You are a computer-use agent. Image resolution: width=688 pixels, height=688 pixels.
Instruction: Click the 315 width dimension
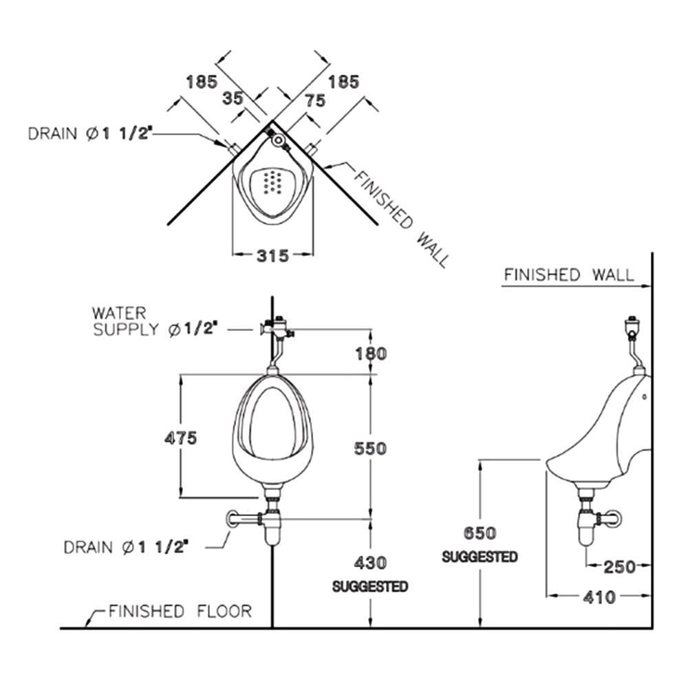(x=272, y=255)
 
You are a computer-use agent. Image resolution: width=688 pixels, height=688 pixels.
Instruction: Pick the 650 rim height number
(x=480, y=534)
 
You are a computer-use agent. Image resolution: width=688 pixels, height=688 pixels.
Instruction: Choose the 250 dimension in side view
(x=620, y=567)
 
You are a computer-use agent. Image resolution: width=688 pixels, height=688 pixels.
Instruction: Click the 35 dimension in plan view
(x=233, y=98)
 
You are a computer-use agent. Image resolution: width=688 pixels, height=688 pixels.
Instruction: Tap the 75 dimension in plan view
(x=314, y=101)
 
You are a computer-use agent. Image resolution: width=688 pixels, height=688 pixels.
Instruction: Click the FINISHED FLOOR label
(x=180, y=611)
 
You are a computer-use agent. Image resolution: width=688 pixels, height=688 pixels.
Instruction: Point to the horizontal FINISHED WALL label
(x=568, y=275)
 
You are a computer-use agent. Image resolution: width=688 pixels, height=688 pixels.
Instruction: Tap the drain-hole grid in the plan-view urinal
(x=275, y=182)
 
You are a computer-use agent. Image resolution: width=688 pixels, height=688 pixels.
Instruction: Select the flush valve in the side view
(x=632, y=327)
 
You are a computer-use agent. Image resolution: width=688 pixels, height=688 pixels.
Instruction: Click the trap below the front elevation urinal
(x=272, y=526)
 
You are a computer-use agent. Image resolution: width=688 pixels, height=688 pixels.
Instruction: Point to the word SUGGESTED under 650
(x=480, y=557)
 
